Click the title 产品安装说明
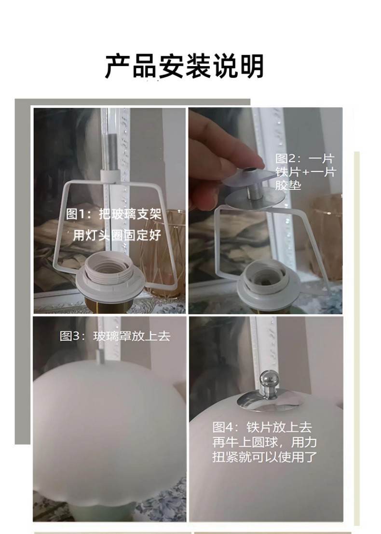185,66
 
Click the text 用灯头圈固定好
117,235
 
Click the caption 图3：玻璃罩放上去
115,336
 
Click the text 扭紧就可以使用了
264,456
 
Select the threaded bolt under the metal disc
252,192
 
